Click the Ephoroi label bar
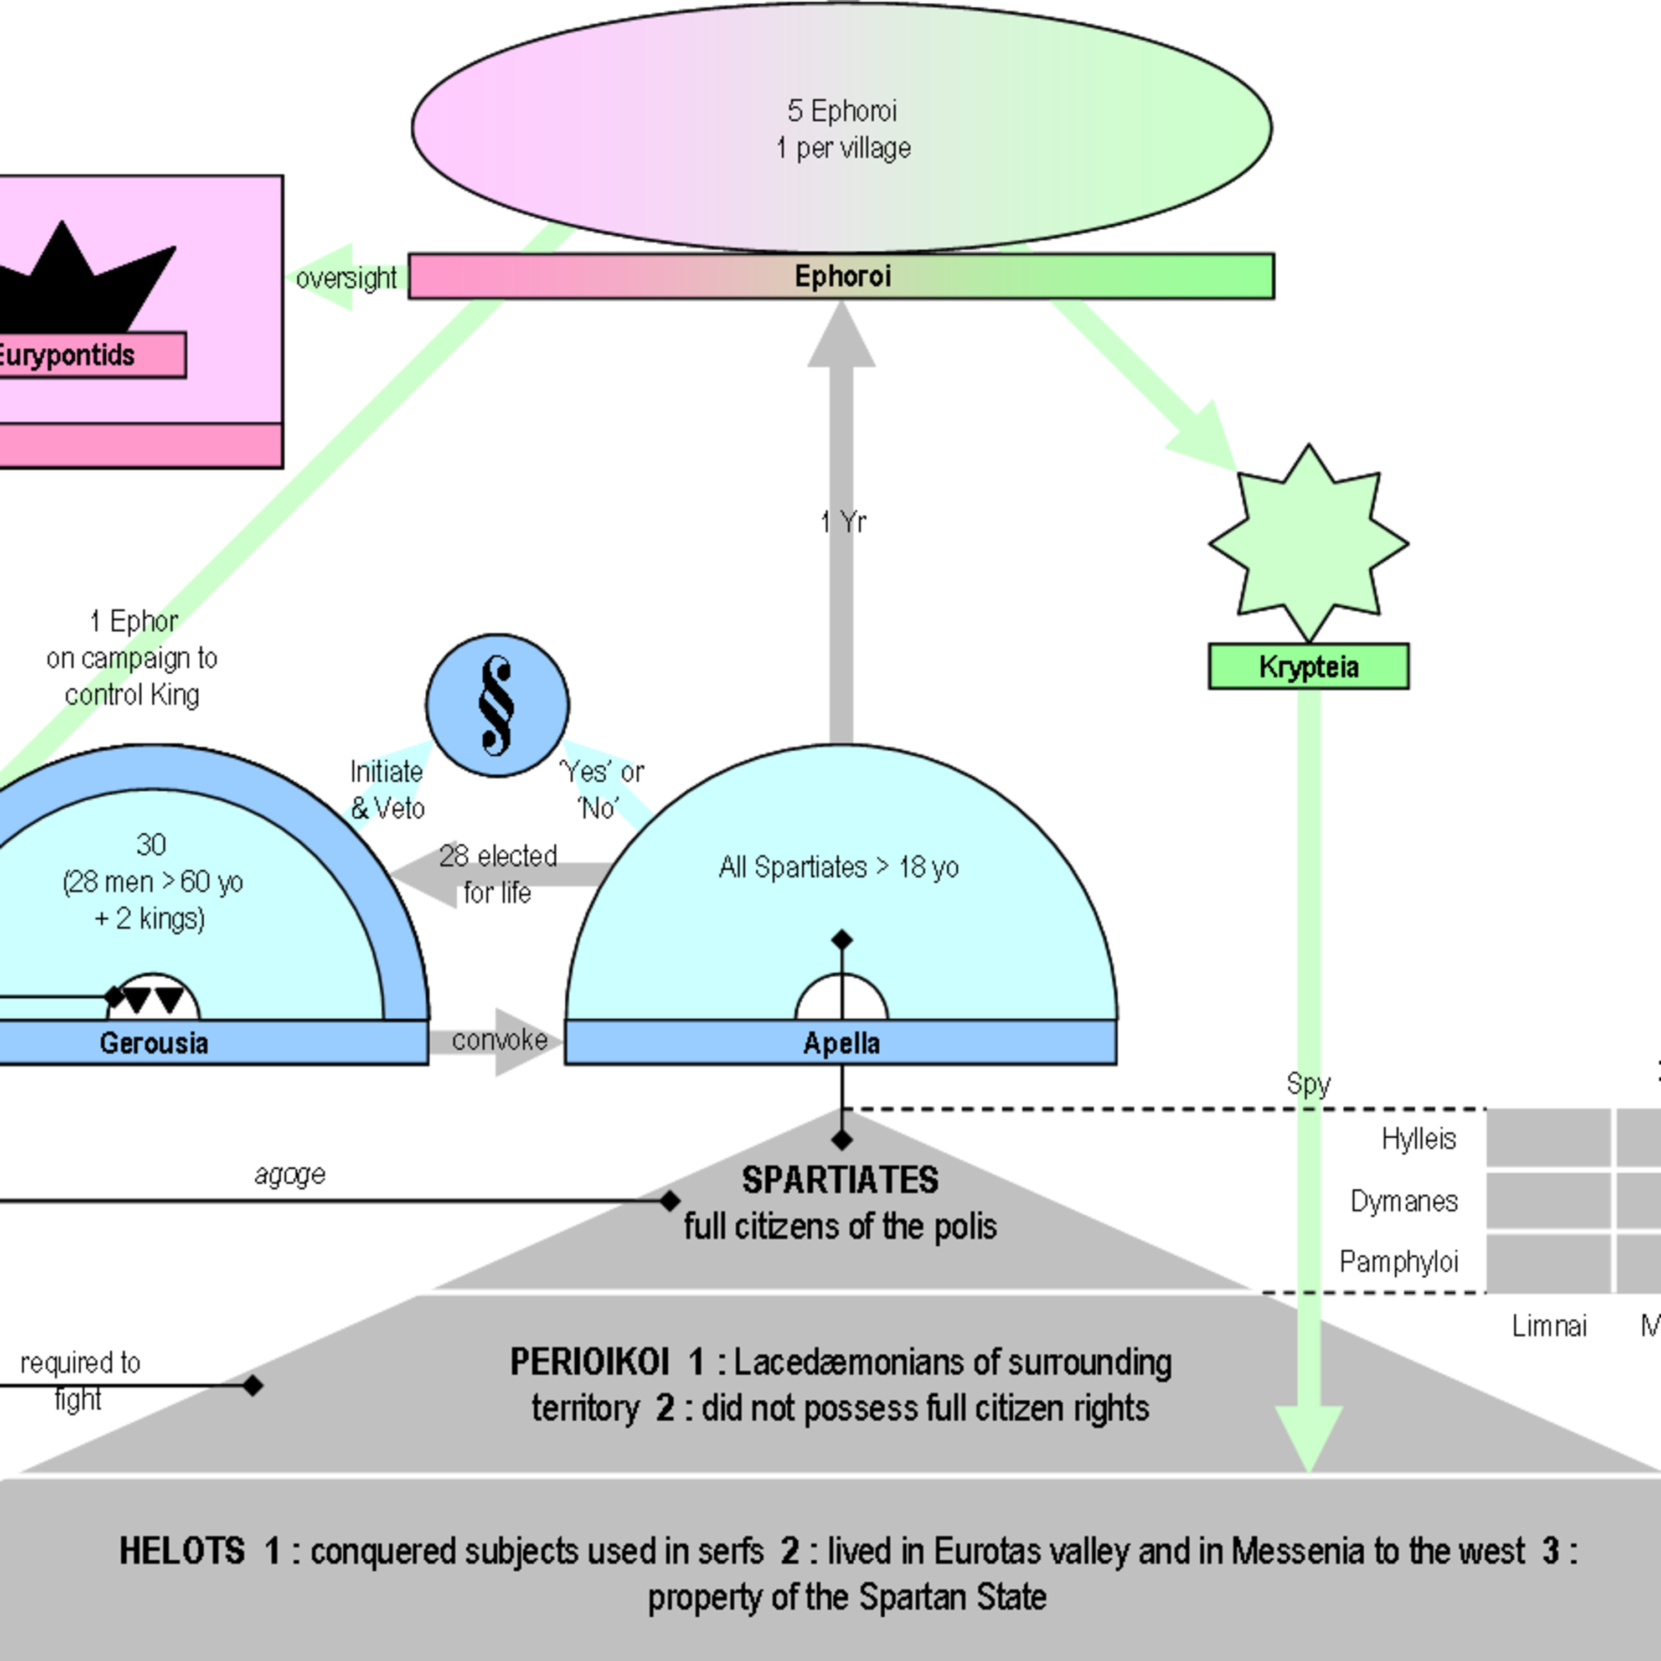coord(841,276)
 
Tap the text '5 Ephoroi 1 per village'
coord(843,129)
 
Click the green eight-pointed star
coord(1308,543)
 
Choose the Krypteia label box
coord(1308,666)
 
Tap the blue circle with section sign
coord(497,705)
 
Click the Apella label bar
coord(841,1043)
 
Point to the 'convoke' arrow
coord(499,1041)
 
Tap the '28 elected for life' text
coord(498,874)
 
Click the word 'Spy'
coord(1308,1084)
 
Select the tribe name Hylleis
coord(1418,1138)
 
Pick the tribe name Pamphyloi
coord(1399,1261)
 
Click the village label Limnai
coord(1549,1325)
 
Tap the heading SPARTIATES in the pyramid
coord(840,1179)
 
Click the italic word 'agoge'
coord(290,1174)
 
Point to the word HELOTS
coord(182,1551)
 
